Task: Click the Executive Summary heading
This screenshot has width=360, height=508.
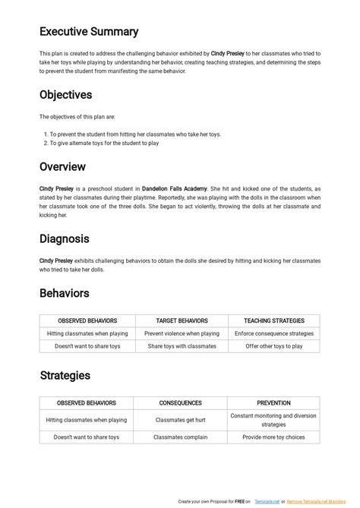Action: [x=89, y=32]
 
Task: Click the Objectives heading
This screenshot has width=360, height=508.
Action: [x=76, y=95]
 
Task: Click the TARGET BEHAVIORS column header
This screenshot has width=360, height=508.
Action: [x=182, y=321]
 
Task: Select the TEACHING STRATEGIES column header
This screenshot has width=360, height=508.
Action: [x=273, y=321]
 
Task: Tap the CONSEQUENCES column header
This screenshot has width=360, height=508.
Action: [x=181, y=403]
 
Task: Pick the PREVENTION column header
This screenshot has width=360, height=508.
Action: [x=273, y=403]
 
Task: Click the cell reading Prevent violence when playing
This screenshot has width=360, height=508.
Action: [x=182, y=333]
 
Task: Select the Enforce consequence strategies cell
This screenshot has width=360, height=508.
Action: [x=273, y=333]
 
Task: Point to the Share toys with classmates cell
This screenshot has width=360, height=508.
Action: [x=182, y=346]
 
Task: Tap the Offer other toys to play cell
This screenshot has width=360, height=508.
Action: [x=273, y=346]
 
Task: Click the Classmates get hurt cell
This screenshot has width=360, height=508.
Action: [x=181, y=420]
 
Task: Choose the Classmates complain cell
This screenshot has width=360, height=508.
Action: [x=181, y=437]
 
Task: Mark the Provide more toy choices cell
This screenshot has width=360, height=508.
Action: [x=273, y=437]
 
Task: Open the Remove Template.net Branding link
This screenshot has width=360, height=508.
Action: [x=321, y=502]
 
